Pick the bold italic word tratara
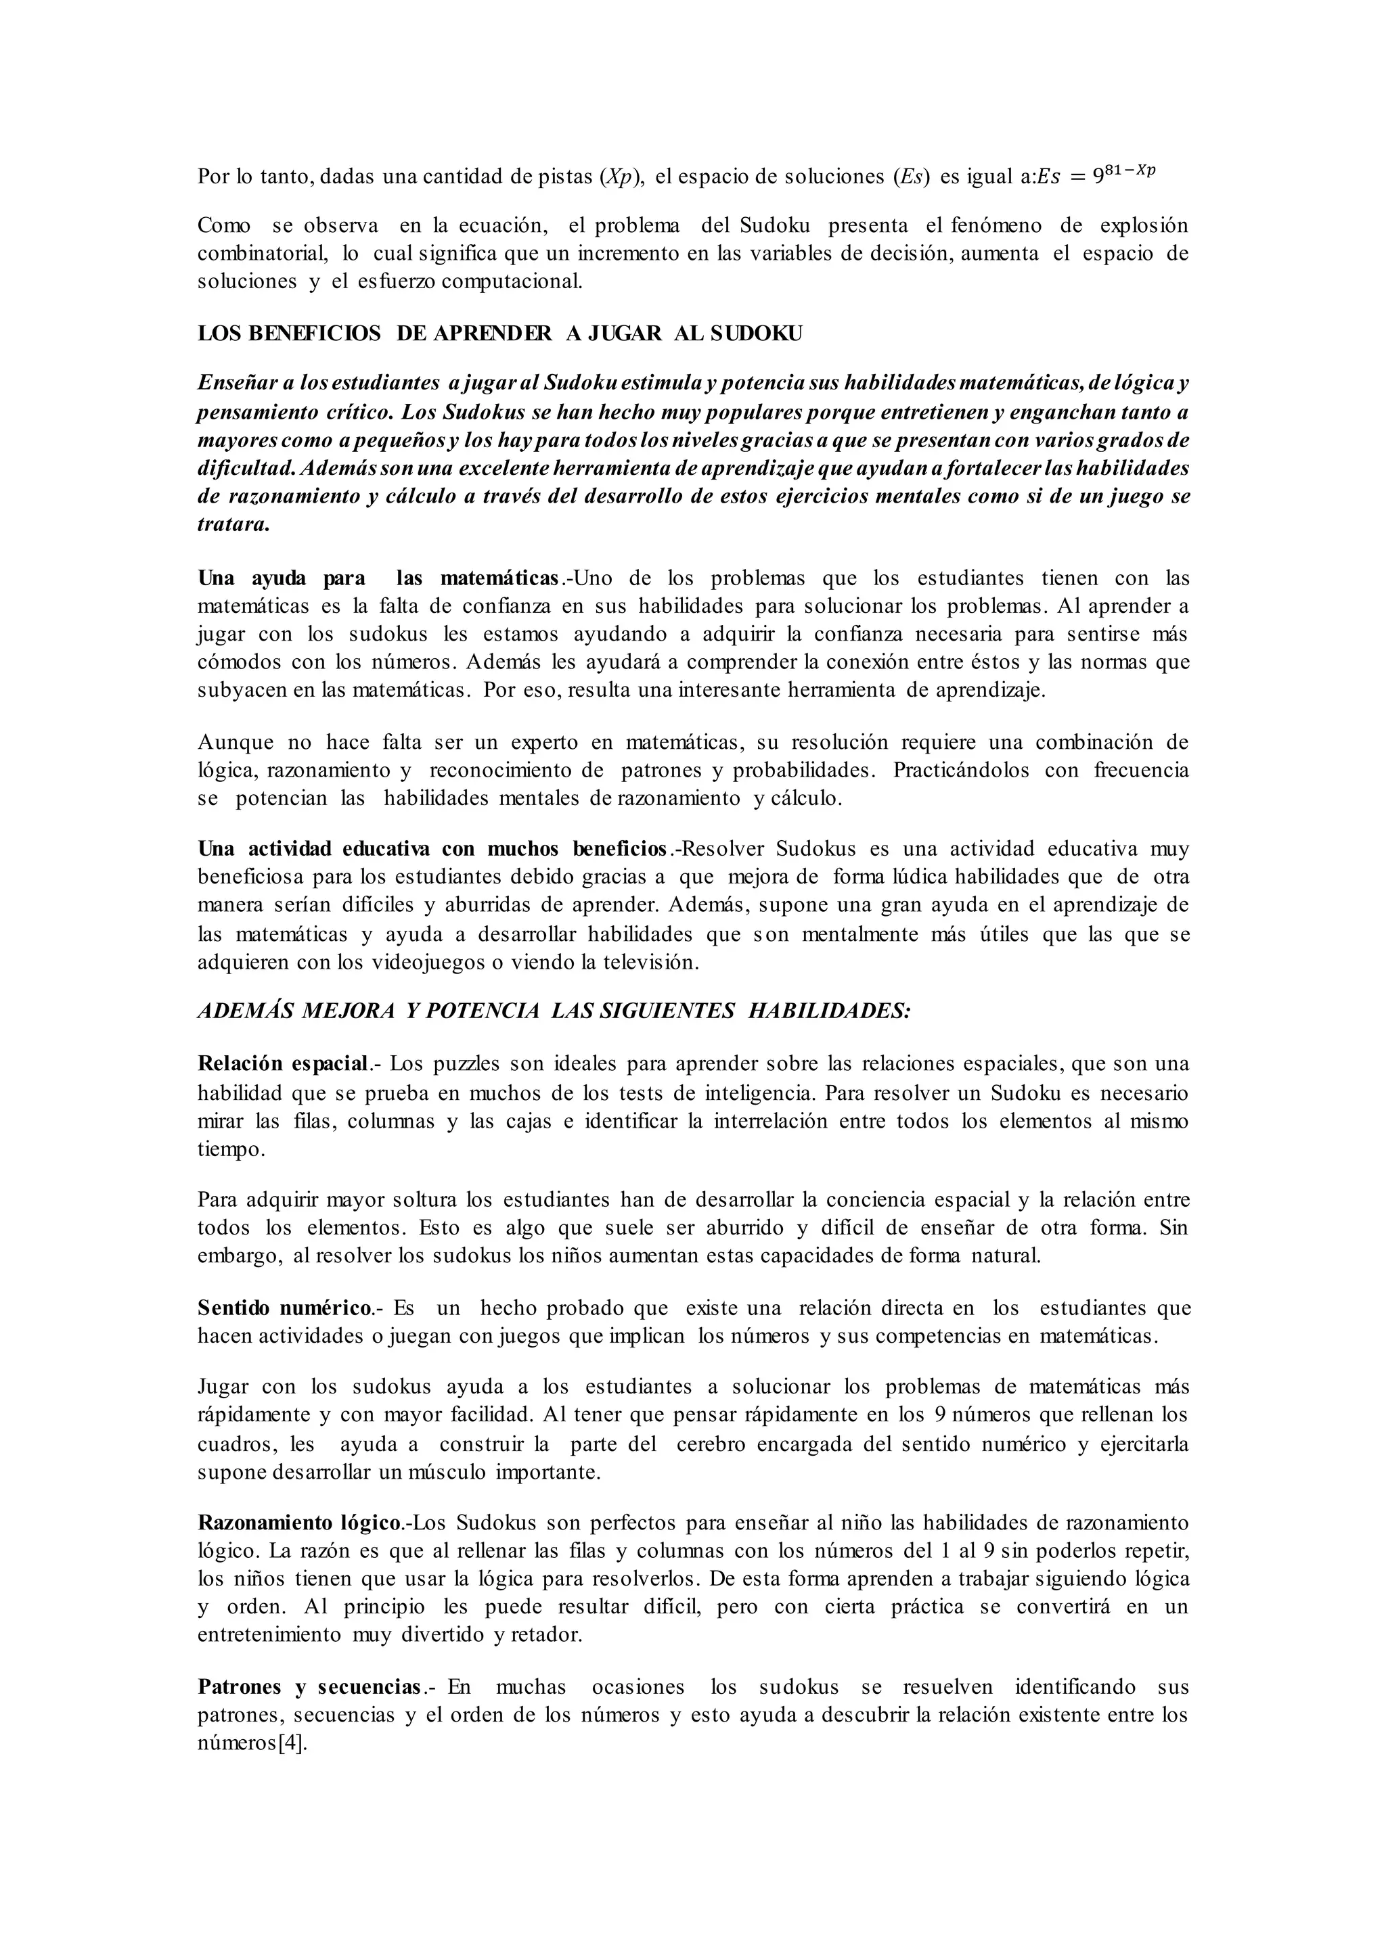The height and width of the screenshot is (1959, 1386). (x=233, y=524)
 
